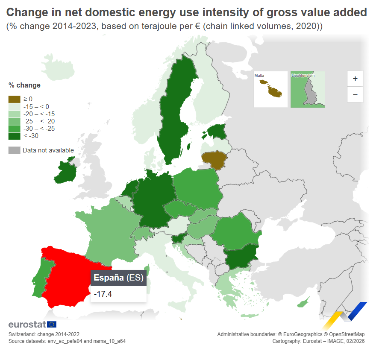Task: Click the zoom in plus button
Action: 355,79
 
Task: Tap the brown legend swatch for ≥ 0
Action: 14,99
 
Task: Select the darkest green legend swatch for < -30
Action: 14,136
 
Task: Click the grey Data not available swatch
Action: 14,150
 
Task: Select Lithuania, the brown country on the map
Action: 214,159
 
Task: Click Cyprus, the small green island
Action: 304,303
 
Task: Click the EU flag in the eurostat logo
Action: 51,325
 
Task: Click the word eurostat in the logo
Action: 27,325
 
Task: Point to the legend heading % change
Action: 24,85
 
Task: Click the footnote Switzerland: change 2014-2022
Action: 44,334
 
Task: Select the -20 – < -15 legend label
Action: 39,114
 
